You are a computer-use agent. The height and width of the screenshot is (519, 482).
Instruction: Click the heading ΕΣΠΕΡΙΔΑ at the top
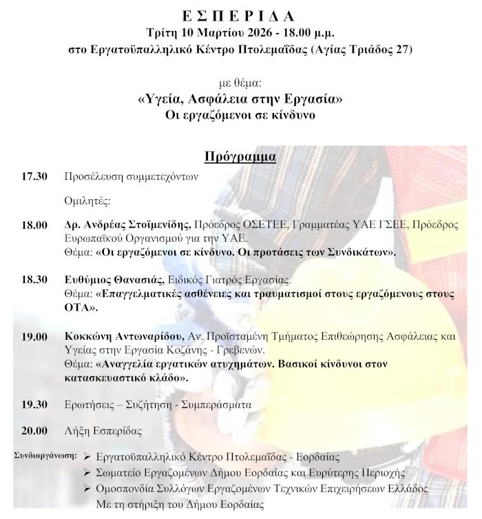[241, 14]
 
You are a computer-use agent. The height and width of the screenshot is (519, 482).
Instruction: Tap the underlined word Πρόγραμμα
[240, 156]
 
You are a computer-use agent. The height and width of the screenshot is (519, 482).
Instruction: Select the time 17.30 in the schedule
[34, 176]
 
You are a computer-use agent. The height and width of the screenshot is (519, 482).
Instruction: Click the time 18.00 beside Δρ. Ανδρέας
[34, 225]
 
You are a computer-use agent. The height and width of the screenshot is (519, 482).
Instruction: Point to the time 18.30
[34, 279]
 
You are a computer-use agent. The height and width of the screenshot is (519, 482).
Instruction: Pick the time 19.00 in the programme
[34, 337]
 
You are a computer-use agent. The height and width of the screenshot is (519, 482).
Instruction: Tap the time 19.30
[34, 405]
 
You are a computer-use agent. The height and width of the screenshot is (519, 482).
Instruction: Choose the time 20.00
[34, 431]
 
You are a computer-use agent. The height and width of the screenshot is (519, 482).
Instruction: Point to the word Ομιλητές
[87, 201]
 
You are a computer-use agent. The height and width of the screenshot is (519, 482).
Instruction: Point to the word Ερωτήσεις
[90, 405]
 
